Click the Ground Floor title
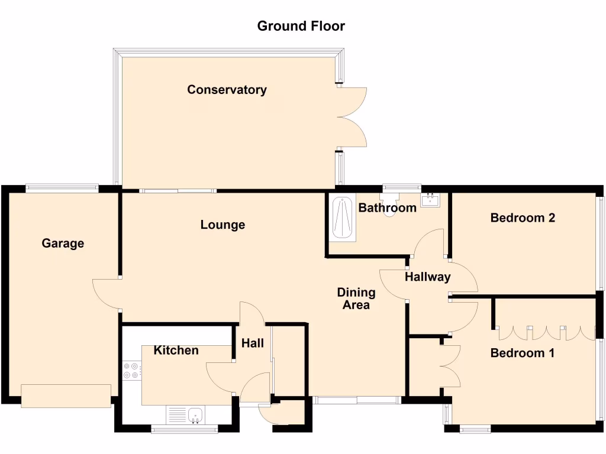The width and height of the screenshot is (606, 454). (x=301, y=26)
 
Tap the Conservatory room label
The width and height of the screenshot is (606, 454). (x=227, y=90)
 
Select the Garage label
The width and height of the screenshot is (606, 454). (x=63, y=243)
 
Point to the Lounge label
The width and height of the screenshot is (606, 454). (x=223, y=225)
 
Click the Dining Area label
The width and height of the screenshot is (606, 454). (x=356, y=299)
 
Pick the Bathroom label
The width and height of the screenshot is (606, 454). (x=388, y=207)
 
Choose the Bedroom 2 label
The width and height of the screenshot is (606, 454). (x=523, y=218)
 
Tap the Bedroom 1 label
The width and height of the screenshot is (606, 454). (x=523, y=353)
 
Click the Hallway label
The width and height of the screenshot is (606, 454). (x=428, y=277)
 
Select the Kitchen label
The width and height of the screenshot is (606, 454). (x=176, y=350)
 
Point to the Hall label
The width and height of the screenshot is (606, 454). (x=253, y=343)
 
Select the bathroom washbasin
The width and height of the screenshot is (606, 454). (x=430, y=200)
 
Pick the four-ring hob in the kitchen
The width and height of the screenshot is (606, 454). (x=131, y=370)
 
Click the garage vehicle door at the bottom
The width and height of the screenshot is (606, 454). (x=66, y=395)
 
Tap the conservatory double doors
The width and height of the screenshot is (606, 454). (x=353, y=116)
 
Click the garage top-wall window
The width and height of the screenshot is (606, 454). (x=62, y=189)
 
